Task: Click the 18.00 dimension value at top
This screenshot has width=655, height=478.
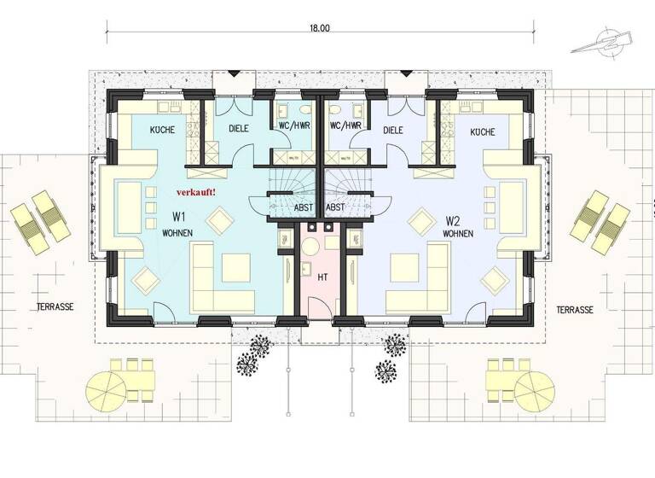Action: [x=321, y=28]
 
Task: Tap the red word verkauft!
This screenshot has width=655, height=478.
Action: [x=196, y=193]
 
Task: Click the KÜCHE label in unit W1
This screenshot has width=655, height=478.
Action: [x=162, y=131]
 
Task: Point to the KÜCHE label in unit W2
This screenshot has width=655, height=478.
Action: [x=482, y=133]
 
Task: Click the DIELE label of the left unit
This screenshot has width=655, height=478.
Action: [x=241, y=131]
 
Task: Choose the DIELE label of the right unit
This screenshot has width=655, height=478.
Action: [x=393, y=131]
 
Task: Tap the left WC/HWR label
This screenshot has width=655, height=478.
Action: [x=294, y=125]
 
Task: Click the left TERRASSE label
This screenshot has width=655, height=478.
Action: [x=55, y=306]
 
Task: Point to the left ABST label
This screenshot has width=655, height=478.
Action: [x=302, y=207]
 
